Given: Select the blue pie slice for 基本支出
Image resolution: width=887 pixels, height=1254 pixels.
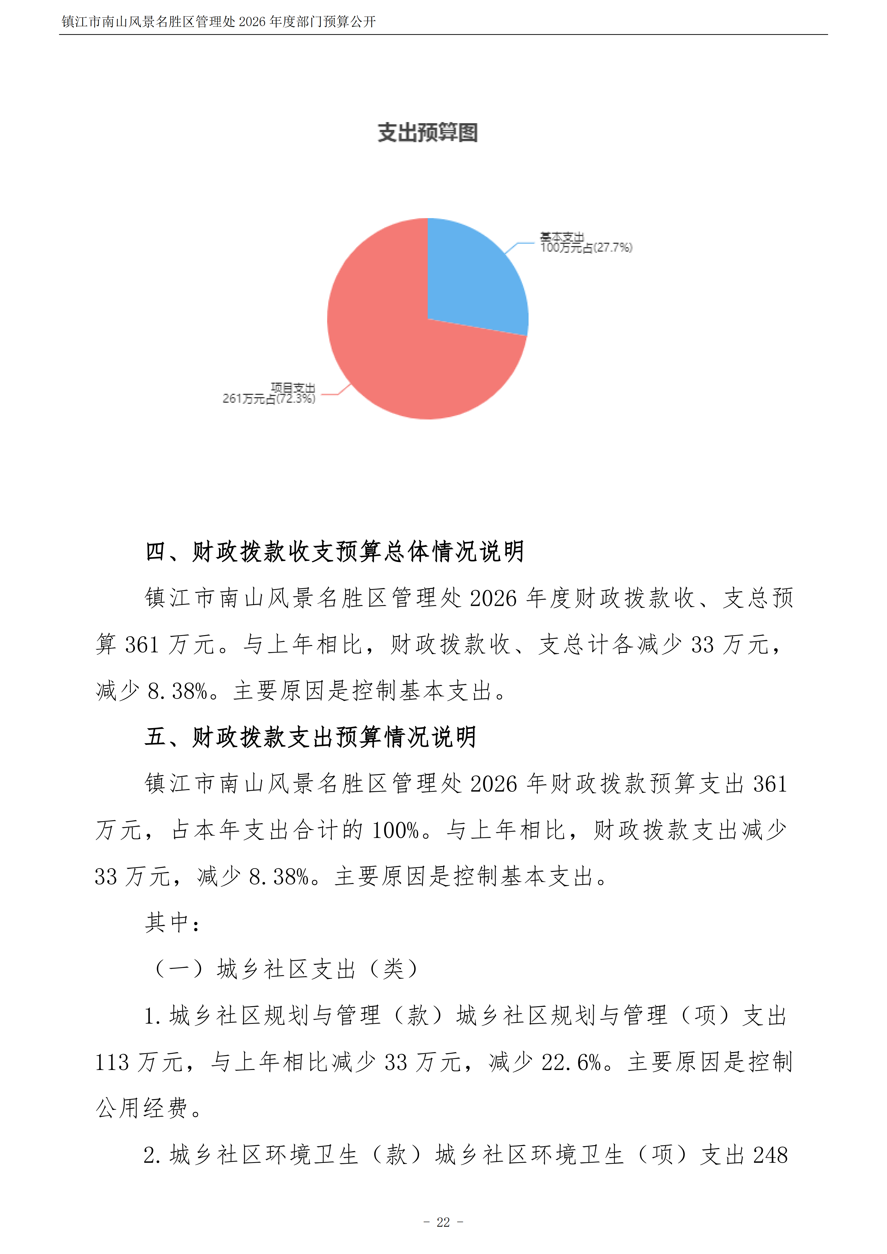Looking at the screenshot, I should (x=470, y=278).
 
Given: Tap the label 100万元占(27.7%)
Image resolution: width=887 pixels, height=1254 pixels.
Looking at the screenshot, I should (x=586, y=248).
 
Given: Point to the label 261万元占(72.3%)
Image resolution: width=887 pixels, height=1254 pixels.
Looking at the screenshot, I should (x=269, y=399).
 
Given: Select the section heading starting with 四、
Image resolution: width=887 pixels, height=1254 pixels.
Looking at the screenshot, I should (x=334, y=552).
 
